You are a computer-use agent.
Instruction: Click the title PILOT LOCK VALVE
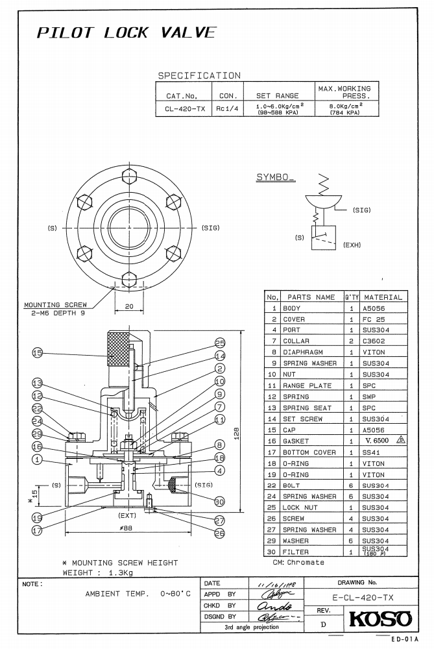[126, 33]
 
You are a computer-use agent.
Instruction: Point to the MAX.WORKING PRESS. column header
[344, 92]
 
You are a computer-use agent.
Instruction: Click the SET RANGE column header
[277, 95]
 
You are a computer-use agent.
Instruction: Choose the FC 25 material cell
[375, 319]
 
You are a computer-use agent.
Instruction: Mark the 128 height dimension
[237, 432]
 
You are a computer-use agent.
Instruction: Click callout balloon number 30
[219, 500]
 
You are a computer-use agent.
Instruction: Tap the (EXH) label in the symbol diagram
[352, 245]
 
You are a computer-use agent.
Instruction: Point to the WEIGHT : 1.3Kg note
[98, 573]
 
